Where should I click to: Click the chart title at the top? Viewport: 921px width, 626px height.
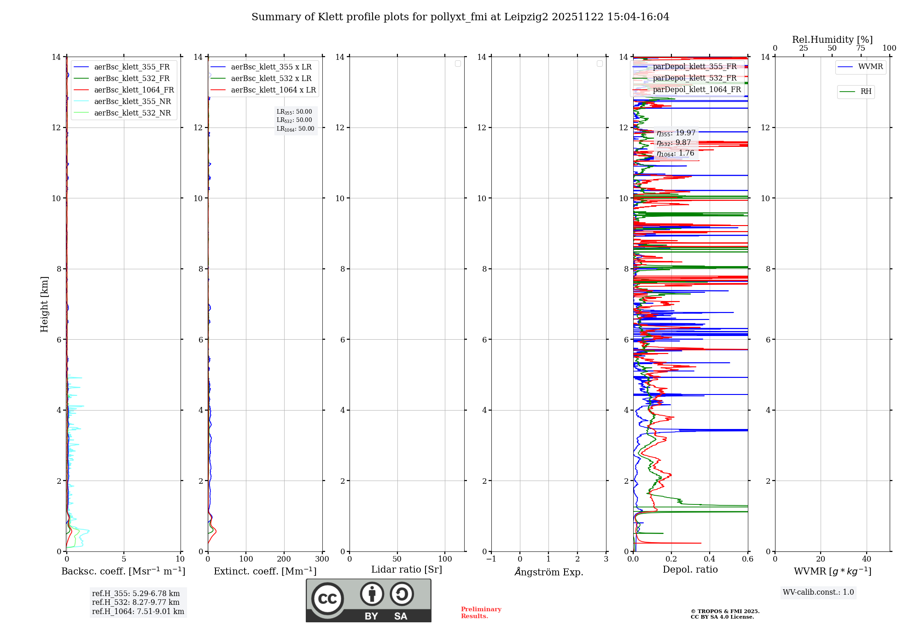(x=460, y=17)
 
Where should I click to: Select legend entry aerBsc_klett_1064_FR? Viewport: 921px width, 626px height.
(x=134, y=90)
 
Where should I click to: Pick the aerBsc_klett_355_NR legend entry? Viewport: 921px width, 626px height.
(x=132, y=102)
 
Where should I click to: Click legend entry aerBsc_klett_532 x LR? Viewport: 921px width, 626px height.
(x=271, y=79)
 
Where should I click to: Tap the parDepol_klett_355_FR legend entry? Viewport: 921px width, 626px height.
(x=694, y=67)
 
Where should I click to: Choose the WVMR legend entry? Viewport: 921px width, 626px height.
(x=870, y=67)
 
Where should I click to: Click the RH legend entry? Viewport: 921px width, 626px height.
(x=866, y=92)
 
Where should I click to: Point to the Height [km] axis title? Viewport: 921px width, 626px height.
(x=44, y=304)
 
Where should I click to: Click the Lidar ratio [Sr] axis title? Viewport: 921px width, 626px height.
(x=407, y=570)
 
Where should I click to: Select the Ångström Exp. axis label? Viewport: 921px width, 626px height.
(x=548, y=572)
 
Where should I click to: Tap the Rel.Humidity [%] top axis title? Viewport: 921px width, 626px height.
(x=832, y=40)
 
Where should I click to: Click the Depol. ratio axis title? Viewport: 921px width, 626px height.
(x=690, y=570)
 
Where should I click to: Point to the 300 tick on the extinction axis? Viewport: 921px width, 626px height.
(x=322, y=559)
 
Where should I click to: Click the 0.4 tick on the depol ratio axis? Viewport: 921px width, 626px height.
(x=709, y=559)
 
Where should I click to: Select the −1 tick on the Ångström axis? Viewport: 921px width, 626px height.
(x=491, y=559)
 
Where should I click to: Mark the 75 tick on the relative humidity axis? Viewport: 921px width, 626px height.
(x=860, y=48)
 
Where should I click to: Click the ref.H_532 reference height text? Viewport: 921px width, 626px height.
(x=136, y=603)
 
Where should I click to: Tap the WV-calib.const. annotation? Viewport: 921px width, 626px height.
(x=818, y=592)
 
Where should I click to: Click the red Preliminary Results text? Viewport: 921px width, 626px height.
(x=481, y=613)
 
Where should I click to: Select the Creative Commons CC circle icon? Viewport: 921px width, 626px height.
(x=327, y=599)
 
